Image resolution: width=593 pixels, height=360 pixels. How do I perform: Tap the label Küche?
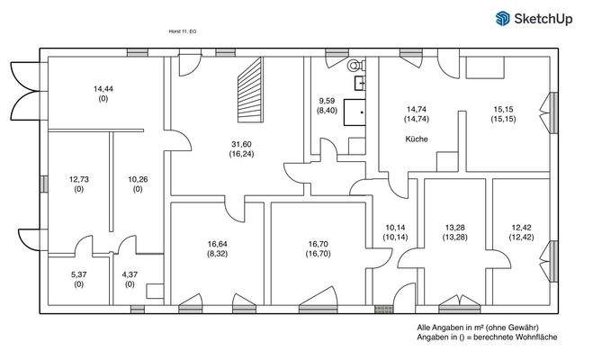(x=416, y=139)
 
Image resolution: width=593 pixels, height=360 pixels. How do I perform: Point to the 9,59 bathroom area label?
(x=327, y=101)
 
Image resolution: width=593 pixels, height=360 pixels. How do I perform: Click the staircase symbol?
(x=250, y=91)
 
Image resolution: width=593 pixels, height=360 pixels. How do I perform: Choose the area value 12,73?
(x=78, y=179)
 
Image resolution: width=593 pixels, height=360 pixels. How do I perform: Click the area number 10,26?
(x=138, y=179)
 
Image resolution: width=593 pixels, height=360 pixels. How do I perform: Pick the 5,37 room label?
(x=78, y=274)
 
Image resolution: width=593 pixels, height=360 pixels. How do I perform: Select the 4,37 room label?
(x=129, y=274)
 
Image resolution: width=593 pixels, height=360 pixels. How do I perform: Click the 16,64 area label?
(x=217, y=244)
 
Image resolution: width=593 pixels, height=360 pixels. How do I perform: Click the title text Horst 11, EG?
(x=183, y=31)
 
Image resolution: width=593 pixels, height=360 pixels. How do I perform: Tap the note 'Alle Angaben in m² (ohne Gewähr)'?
(x=478, y=328)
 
